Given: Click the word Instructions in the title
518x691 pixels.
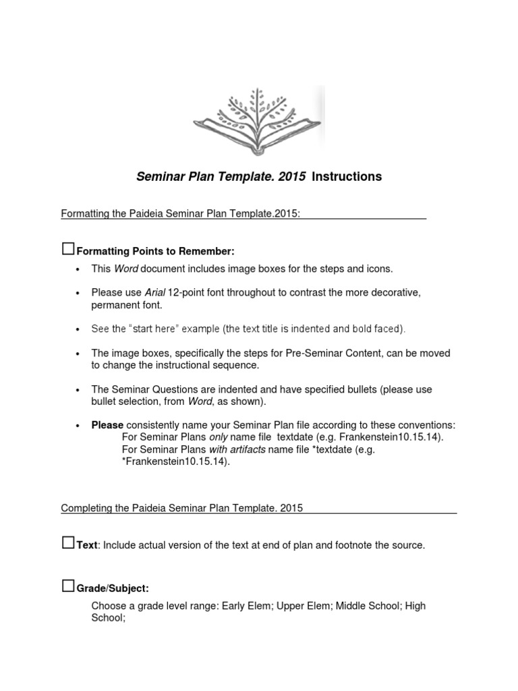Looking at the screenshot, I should (347, 177).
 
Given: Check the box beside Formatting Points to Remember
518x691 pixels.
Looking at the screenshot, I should (67, 250).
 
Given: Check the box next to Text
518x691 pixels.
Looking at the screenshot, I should (67, 543).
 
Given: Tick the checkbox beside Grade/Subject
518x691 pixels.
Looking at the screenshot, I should (67, 586).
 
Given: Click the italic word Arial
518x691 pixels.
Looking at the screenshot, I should (154, 292).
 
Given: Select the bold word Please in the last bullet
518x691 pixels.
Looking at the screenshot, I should (107, 425).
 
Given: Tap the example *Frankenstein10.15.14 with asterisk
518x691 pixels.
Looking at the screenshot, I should (173, 462).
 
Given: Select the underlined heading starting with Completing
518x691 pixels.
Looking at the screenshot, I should (182, 508).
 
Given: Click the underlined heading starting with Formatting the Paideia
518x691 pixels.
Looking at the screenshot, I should (180, 214).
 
